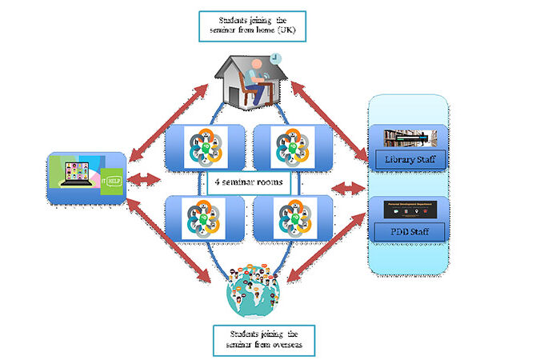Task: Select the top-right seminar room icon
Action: [x=286, y=145]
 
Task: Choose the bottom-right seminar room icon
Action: [x=286, y=216]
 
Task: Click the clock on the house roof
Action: [x=274, y=59]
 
